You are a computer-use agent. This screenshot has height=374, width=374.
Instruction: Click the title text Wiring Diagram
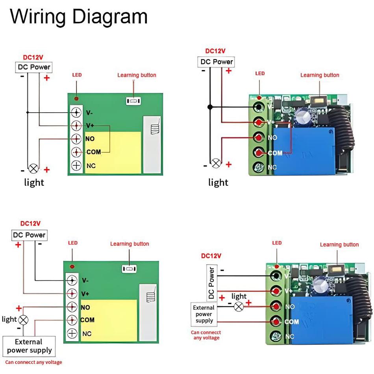(x=79, y=17)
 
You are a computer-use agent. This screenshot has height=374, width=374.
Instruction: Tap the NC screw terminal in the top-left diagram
(x=76, y=166)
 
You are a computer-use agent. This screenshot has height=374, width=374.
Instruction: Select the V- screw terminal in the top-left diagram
(x=76, y=113)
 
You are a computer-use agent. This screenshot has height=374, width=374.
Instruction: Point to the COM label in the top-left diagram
(x=94, y=152)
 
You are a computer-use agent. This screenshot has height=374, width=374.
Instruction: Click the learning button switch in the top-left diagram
(x=133, y=101)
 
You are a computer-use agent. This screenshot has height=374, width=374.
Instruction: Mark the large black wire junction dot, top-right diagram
(x=211, y=107)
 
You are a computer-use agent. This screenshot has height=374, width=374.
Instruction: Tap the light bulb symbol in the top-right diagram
(x=216, y=163)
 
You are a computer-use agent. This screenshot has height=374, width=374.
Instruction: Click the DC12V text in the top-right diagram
(x=215, y=51)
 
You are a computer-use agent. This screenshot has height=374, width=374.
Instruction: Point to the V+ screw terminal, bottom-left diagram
(x=72, y=293)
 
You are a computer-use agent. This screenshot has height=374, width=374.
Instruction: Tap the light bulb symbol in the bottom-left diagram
(x=24, y=319)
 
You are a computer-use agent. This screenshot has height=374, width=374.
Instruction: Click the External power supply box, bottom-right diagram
(x=204, y=314)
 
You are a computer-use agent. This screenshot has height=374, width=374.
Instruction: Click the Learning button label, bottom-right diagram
(x=339, y=244)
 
